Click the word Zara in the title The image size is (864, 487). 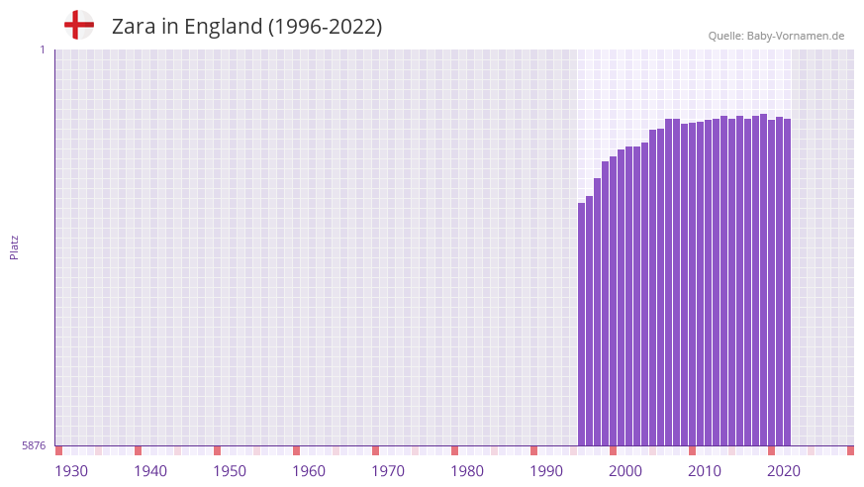point(133,27)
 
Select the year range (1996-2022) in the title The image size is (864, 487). point(325,27)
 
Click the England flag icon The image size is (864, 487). point(78,25)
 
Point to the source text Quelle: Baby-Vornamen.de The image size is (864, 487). point(776,36)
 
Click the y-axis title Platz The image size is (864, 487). point(14,247)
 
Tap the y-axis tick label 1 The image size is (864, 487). point(42,49)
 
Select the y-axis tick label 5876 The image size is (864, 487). point(34,446)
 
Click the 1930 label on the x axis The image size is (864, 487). point(71,471)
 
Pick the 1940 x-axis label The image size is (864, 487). point(150,471)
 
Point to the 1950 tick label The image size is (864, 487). point(230,471)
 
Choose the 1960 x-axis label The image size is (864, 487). point(309,471)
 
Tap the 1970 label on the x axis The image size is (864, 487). point(388,471)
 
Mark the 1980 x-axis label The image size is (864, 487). point(467,471)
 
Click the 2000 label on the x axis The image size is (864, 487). point(625,471)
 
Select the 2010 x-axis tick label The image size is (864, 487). point(705,471)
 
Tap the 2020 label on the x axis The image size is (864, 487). point(784,471)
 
